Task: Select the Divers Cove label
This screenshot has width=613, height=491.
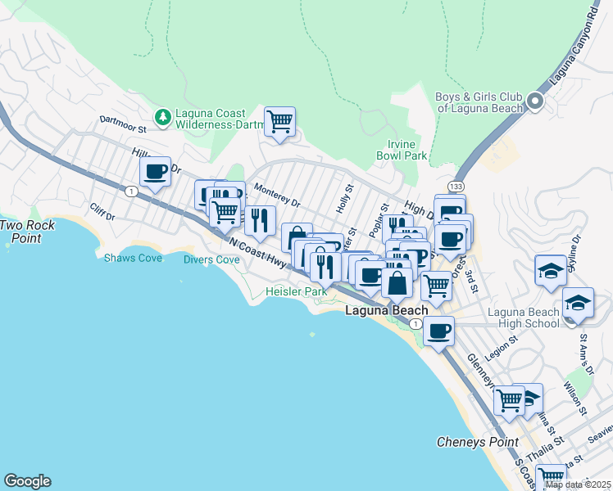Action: (211, 259)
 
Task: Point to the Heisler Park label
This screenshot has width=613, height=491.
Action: (296, 291)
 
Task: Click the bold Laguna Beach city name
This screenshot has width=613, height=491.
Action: (386, 311)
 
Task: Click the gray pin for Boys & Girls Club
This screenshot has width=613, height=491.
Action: (535, 102)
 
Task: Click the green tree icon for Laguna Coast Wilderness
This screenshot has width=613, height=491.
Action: (163, 117)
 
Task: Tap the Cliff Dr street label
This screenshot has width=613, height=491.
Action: (102, 211)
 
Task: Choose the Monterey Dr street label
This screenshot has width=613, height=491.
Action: (277, 195)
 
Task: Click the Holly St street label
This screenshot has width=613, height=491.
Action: (343, 199)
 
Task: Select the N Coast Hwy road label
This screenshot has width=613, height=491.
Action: (258, 251)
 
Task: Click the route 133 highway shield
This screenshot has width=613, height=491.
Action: (456, 187)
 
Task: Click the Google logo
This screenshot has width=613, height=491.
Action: (27, 481)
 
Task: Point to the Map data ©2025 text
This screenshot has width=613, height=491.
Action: (578, 484)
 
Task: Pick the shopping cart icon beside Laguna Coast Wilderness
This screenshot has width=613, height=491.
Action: (280, 122)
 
